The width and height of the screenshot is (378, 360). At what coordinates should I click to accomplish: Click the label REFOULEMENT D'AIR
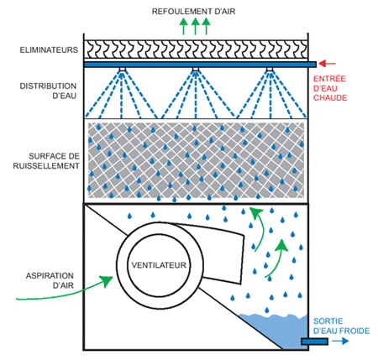coord(193,12)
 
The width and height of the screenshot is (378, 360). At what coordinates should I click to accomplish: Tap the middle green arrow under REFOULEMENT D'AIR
coord(195,26)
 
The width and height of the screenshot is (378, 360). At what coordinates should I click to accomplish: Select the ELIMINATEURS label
coord(49,50)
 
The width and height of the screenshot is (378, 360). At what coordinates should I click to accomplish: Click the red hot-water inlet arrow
coord(327,64)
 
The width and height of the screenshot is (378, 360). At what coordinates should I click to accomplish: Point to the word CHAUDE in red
coord(330,98)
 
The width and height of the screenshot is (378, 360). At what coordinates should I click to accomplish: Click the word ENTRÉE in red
coord(329,79)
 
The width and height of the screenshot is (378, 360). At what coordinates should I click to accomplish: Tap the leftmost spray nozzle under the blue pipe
coord(122,70)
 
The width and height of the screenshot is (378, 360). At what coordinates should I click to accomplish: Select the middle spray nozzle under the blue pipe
coord(196,70)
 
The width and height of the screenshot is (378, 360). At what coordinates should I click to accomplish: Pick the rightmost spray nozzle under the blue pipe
coord(270,70)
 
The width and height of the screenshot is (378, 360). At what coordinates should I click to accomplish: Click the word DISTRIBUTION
coord(48,86)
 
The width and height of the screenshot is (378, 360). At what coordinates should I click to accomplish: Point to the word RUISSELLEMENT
coord(46,166)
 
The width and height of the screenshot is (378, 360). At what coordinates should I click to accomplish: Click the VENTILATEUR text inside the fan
coord(159,265)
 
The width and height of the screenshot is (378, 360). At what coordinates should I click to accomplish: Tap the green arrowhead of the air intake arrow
coord(107,280)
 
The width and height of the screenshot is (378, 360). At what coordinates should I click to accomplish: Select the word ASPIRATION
coord(50,276)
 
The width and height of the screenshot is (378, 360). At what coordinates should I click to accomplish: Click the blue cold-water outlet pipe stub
coord(314,342)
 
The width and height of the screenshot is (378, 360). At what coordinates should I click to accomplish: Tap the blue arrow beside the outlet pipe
coord(340,342)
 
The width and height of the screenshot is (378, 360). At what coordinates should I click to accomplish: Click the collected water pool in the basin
coord(283,330)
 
